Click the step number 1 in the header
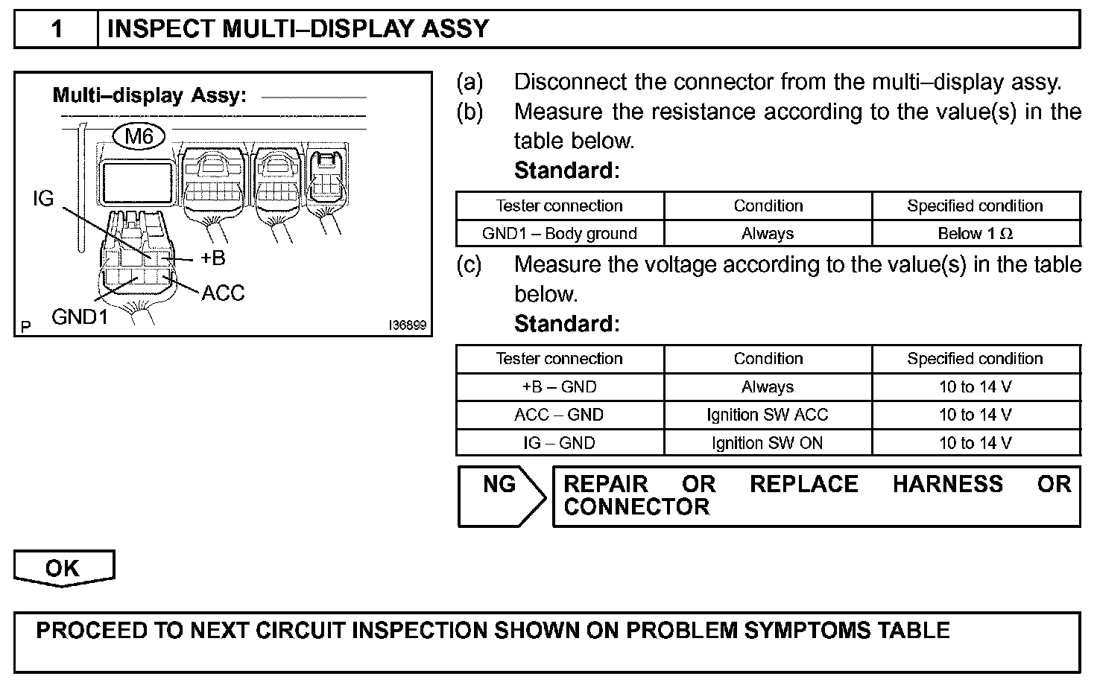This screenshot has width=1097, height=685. [x=57, y=29]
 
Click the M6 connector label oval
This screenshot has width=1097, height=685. [x=139, y=136]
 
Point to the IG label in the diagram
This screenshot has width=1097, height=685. [x=44, y=199]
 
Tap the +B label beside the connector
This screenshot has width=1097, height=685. [x=212, y=258]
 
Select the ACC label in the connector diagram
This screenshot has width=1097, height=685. [x=223, y=293]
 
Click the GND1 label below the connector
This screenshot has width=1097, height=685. [x=80, y=317]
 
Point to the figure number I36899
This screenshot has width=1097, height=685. [x=407, y=326]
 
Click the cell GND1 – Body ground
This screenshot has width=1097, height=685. [x=559, y=234]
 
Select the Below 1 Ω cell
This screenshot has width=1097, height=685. [x=975, y=234]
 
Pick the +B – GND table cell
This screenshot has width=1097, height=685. [x=559, y=387]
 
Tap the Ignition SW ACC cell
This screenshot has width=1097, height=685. [x=768, y=415]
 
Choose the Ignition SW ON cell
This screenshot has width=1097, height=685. [x=768, y=443]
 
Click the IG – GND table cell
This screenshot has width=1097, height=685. [x=559, y=443]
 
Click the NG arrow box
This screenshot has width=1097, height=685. [x=500, y=496]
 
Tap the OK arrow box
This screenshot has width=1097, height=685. [x=63, y=568]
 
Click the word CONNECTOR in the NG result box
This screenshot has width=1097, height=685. [x=636, y=508]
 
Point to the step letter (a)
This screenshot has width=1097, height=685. [x=470, y=82]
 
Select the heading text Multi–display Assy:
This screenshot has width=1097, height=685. [x=149, y=96]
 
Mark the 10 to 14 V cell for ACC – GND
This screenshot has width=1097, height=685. [x=975, y=415]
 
